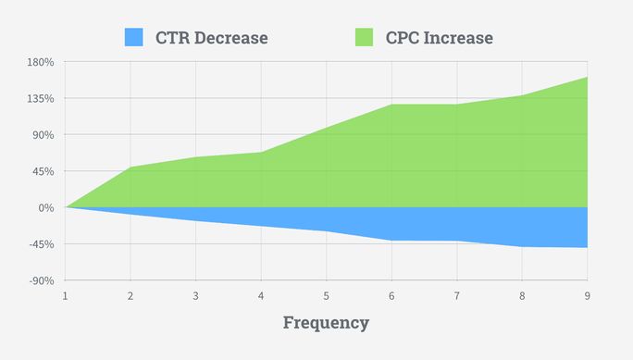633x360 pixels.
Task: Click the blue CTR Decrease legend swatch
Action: [135, 37]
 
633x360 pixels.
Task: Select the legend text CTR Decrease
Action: [212, 38]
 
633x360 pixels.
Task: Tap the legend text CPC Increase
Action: [439, 38]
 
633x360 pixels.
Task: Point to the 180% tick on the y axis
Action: [42, 62]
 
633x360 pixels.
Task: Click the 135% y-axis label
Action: [42, 98]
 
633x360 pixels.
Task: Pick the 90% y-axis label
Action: [43, 135]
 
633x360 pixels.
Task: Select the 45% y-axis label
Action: [43, 171]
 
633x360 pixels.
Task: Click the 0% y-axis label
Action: [46, 207]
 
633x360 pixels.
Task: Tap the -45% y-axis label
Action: [42, 244]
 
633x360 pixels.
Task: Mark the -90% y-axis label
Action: [42, 280]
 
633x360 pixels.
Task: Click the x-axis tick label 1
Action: [65, 295]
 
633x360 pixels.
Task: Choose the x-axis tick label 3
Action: [195, 295]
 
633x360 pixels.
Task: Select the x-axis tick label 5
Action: [326, 295]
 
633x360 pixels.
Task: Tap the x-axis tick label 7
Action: [456, 295]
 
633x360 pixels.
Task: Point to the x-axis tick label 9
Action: [587, 295]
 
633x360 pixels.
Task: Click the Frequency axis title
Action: [326, 323]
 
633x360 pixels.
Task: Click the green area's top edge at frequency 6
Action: [391, 105]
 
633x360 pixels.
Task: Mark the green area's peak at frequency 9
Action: [587, 77]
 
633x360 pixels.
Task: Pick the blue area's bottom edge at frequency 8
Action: [522, 246]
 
